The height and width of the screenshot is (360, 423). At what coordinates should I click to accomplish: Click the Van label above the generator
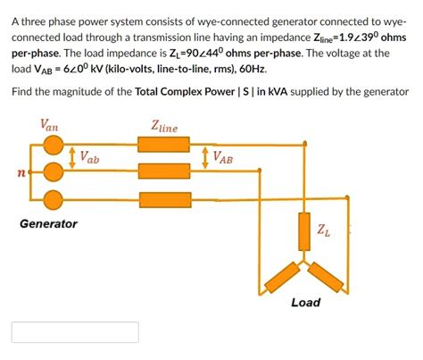point(51,127)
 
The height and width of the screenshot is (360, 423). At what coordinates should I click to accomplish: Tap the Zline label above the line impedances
point(164,127)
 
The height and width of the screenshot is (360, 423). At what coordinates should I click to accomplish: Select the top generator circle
point(54,143)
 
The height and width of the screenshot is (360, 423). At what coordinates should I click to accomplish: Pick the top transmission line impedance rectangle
point(164,143)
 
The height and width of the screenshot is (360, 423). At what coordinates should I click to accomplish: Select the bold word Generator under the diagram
point(48,223)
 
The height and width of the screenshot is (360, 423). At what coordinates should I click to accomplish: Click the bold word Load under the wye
point(305,302)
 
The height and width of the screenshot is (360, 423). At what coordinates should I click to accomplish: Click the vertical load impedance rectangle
point(305,230)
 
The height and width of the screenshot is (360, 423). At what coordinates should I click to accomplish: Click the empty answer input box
point(75,332)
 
